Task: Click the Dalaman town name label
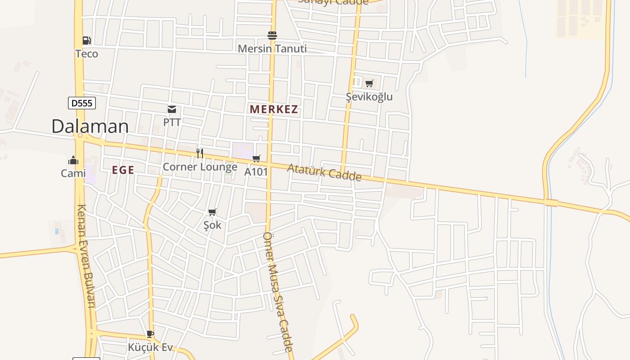90,126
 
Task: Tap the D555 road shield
82,103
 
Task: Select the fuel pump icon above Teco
86,40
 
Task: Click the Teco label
86,54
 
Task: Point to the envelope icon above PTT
172,109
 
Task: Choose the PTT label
172,122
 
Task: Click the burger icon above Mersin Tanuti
272,35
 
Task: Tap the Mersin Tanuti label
272,49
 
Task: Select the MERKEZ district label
274,109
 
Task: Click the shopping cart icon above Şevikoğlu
369,83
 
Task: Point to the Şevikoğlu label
369,97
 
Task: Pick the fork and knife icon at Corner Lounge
200,153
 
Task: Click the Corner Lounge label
200,167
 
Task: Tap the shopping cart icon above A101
256,158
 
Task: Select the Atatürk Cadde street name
324,172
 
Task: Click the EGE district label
123,170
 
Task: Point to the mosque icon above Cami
73,160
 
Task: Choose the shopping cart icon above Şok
212,212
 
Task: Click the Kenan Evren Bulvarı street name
86,256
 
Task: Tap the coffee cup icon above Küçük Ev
150,334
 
